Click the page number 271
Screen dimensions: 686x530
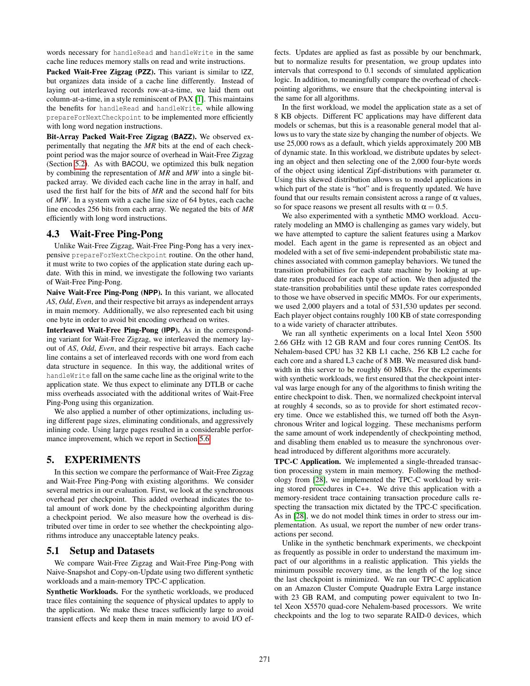click(x=265, y=659)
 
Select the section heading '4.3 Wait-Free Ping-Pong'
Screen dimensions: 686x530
click(x=104, y=234)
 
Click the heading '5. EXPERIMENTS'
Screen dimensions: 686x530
click(x=93, y=460)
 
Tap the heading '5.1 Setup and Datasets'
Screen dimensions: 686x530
click(x=100, y=551)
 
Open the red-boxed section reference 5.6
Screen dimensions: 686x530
click(x=204, y=439)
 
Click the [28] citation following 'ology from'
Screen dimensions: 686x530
click(x=319, y=480)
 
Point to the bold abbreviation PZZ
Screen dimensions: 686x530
click(x=145, y=72)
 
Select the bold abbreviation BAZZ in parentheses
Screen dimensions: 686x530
click(x=183, y=137)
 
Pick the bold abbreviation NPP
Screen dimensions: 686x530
click(x=151, y=293)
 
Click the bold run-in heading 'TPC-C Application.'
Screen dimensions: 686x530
click(x=308, y=462)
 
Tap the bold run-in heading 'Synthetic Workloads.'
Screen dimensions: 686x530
click(x=82, y=592)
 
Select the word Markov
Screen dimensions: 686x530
click(x=470, y=234)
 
